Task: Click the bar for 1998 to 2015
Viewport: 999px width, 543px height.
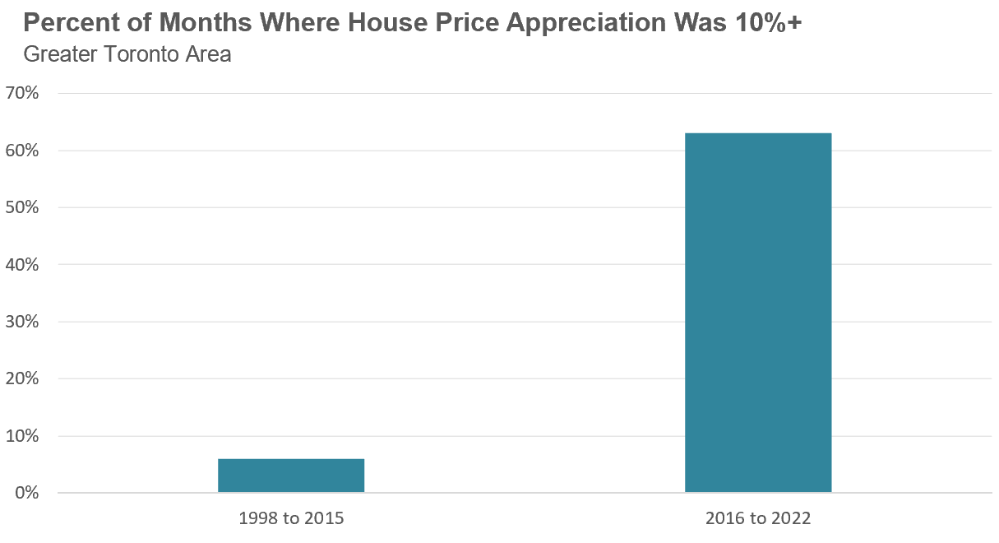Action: point(291,476)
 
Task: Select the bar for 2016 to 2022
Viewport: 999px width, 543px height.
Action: point(758,313)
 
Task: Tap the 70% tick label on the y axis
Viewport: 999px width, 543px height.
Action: point(22,93)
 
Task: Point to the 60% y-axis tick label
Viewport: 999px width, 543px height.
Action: point(22,151)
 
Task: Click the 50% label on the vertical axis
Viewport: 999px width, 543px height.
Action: point(22,207)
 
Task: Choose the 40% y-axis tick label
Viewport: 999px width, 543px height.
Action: point(22,265)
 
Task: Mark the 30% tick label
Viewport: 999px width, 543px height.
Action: point(22,322)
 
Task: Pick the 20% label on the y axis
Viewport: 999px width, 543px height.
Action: point(22,379)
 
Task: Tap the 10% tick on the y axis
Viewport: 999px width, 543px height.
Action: point(22,436)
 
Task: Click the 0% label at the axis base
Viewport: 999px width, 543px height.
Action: point(26,494)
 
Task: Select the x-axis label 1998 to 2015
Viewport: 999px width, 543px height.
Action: point(291,519)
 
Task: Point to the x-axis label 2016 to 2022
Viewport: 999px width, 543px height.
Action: point(758,519)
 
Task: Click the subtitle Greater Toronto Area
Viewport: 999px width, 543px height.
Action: point(127,55)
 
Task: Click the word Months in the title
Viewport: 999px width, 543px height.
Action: point(197,23)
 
